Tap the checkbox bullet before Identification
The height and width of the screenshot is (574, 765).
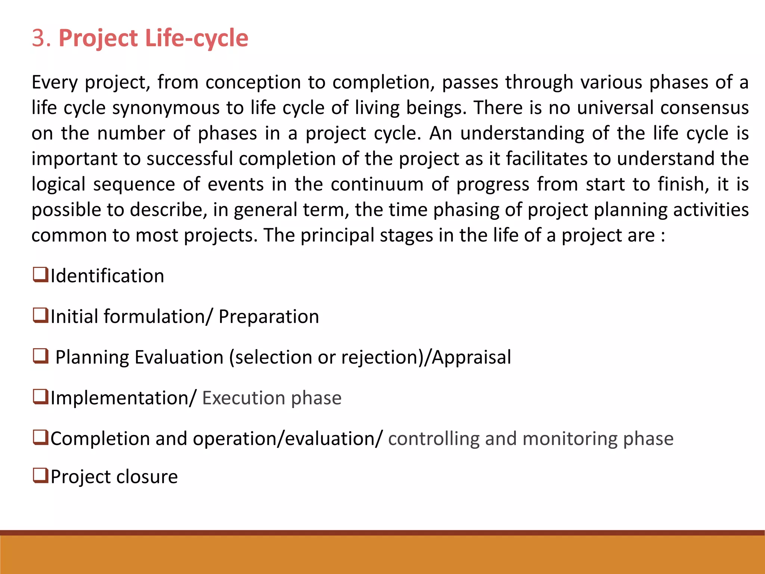(x=40, y=275)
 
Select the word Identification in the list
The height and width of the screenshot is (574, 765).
(x=107, y=276)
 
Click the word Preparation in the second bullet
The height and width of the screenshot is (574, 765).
(x=269, y=317)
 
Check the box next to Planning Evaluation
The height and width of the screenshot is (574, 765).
(x=40, y=356)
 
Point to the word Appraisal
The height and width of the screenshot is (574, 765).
(x=471, y=357)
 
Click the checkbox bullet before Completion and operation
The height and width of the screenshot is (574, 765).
(x=40, y=437)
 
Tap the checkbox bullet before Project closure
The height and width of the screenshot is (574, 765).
(x=40, y=476)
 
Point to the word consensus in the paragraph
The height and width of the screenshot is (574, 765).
(x=704, y=108)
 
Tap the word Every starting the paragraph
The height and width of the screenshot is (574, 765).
(x=55, y=83)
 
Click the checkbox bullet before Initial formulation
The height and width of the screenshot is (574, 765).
(x=40, y=315)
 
